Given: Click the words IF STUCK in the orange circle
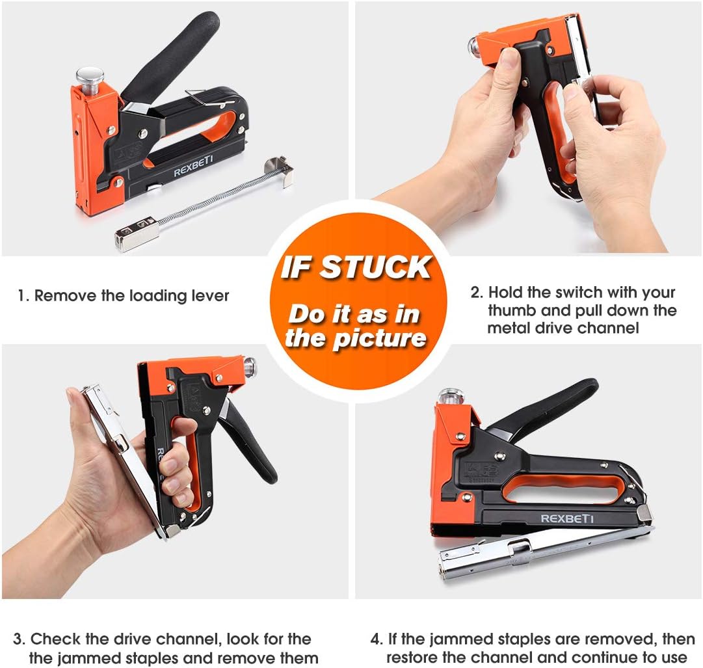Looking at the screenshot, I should tap(356, 267).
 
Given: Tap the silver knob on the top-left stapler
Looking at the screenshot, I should tap(90, 76).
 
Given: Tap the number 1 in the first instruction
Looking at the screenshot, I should tap(21, 297).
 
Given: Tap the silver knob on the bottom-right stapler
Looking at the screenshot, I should tap(451, 395).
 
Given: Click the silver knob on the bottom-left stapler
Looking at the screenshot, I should tap(249, 367).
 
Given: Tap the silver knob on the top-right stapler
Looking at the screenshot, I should tap(473, 46).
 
